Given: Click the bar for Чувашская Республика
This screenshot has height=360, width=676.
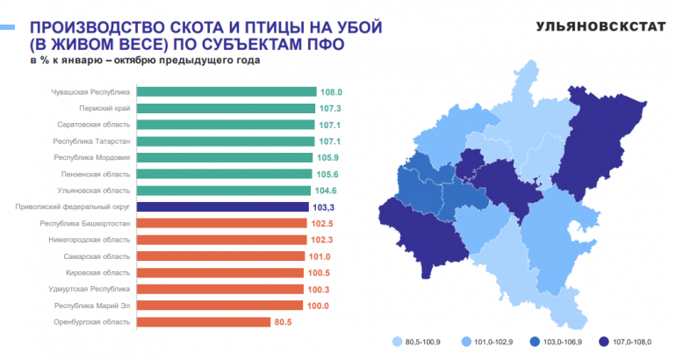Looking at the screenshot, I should pos(227,91).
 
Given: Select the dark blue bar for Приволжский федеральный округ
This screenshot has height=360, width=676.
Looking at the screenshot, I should pos(225,207).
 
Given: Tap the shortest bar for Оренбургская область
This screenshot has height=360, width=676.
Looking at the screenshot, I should pos(204,322).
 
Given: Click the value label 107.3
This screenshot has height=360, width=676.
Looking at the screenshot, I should pos(330,108).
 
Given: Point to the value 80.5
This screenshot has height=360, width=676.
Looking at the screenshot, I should pos(284,322).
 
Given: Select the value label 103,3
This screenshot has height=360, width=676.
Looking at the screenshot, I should pos(325,207).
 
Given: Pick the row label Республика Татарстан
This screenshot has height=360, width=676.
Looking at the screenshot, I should pos(92,141).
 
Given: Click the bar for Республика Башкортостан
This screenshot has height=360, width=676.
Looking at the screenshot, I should pos(224,224).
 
